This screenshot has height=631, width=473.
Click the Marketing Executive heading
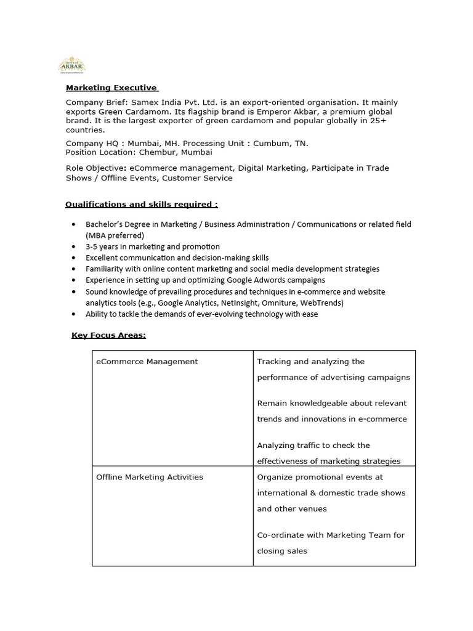[111, 88]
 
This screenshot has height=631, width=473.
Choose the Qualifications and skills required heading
[142, 204]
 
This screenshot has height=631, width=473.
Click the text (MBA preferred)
[115, 235]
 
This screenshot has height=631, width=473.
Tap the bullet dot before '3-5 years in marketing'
[74, 247]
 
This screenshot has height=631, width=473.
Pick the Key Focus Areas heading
[109, 335]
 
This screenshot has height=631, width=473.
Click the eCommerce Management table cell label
[147, 362]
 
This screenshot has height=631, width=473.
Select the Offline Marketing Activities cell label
[150, 477]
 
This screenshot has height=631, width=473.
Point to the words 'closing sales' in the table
[282, 551]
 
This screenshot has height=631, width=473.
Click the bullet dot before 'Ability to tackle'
[74, 314]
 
